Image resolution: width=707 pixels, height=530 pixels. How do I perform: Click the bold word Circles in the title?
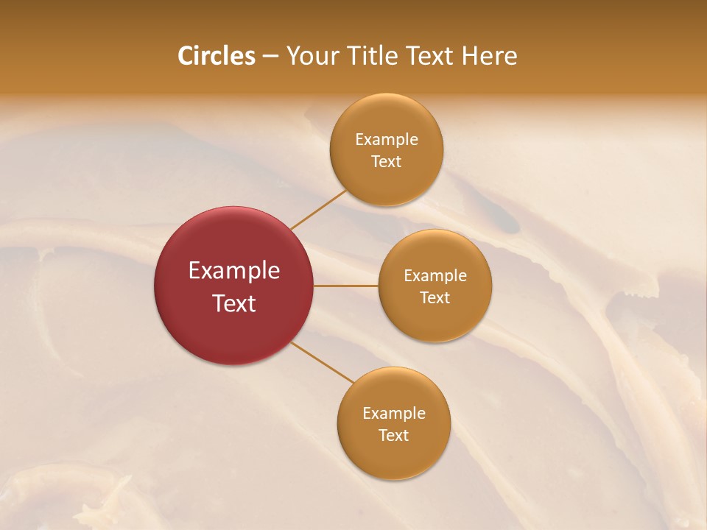[x=217, y=56]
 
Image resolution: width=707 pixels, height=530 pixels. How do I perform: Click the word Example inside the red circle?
[x=234, y=271]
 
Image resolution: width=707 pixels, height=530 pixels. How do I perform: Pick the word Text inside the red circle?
[x=234, y=303]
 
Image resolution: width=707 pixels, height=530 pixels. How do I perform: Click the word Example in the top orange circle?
[x=387, y=140]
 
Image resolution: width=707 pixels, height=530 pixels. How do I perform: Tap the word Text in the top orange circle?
[x=387, y=162]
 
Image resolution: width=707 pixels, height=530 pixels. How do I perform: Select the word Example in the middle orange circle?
[x=435, y=276]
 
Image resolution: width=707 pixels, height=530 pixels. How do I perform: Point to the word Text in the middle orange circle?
[x=435, y=298]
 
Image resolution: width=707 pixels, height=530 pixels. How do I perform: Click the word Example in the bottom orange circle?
[x=394, y=414]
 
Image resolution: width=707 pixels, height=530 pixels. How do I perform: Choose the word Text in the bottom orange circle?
[x=394, y=436]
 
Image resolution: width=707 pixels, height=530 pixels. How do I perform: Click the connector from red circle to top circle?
[x=318, y=210]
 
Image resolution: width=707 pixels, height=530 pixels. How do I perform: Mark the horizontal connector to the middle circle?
[x=346, y=286]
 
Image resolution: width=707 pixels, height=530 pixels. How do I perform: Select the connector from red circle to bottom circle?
[x=323, y=362]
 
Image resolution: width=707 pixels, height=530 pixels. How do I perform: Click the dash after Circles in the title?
[x=270, y=57]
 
